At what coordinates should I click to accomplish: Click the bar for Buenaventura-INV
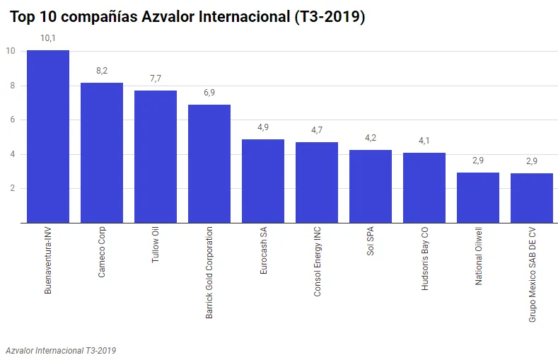(48, 137)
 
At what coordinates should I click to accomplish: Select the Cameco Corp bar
(102, 153)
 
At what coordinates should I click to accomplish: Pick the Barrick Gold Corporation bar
(209, 164)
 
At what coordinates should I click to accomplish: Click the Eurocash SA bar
(263, 181)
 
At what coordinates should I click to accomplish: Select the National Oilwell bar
(478, 198)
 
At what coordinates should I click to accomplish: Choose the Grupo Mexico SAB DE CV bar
(532, 198)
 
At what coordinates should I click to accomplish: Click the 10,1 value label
(48, 38)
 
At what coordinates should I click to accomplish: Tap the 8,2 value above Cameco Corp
(102, 71)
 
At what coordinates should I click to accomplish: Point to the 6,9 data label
(209, 93)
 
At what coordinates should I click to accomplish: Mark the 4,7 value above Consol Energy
(317, 130)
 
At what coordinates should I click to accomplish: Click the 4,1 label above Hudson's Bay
(424, 141)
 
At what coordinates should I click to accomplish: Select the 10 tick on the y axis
(11, 51)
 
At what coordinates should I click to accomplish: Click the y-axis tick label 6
(13, 120)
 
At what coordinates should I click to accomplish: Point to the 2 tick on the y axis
(13, 188)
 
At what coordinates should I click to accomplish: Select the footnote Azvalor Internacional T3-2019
(61, 350)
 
